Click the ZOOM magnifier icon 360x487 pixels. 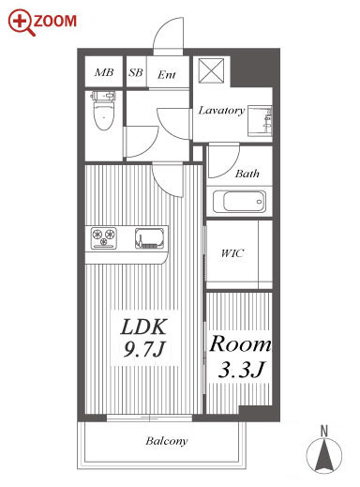tap(22, 22)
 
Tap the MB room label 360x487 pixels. tap(104, 72)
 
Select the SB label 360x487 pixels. tap(136, 72)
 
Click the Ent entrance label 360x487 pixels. tap(167, 75)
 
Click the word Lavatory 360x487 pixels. tap(221, 110)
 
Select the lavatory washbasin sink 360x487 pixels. tap(260, 121)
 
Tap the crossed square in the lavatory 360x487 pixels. tap(212, 70)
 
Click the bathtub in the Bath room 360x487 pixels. tap(239, 202)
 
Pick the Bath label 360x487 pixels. tap(247, 174)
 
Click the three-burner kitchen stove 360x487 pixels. tap(104, 238)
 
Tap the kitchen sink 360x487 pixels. tap(149, 238)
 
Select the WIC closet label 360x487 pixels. tap(232, 253)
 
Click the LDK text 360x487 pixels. tap(143, 327)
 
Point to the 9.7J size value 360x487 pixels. tap(143, 349)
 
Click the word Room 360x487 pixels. tap(240, 343)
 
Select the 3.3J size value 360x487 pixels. tap(241, 369)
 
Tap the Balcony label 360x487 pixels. tap(167, 441)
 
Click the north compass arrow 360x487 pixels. tap(324, 455)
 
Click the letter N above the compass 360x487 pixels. tap(324, 432)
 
